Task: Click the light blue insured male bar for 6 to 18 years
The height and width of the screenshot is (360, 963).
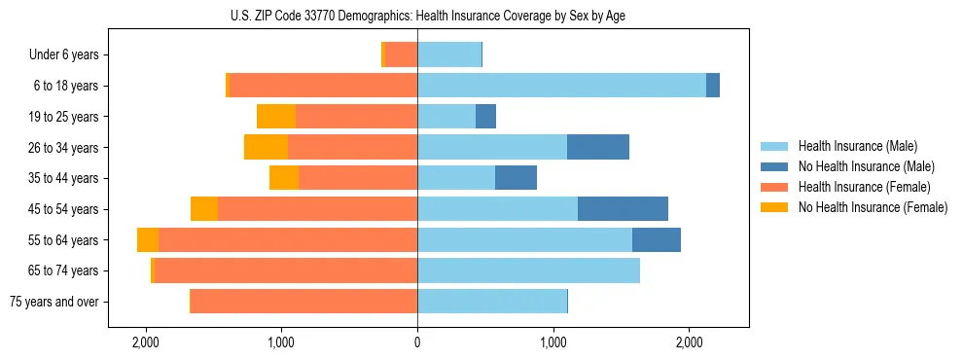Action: click(561, 86)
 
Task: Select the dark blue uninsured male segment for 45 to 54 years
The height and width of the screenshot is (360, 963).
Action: click(623, 209)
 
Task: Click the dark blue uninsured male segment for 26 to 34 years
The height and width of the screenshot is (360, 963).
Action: click(598, 147)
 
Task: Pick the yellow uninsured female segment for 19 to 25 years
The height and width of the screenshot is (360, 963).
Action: click(276, 117)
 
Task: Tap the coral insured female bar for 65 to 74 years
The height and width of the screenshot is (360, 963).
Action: click(285, 270)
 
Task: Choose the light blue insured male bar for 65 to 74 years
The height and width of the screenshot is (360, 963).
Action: click(528, 270)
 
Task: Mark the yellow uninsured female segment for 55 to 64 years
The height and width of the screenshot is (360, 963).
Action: click(148, 240)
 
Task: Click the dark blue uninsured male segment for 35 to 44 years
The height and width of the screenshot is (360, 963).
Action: click(516, 178)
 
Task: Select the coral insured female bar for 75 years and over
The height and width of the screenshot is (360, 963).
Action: click(303, 302)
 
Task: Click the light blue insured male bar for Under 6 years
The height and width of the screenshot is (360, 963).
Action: click(449, 55)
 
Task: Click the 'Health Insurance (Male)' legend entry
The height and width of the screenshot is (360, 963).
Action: click(857, 146)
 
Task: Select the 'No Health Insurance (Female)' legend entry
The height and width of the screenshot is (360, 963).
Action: click(872, 207)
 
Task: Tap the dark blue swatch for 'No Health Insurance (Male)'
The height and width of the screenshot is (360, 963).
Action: click(774, 166)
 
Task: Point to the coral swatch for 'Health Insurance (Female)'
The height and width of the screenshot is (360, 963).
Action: click(774, 187)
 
